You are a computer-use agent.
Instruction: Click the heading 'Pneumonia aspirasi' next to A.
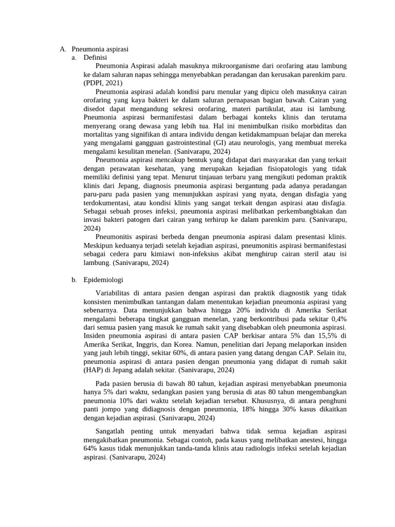(100, 49)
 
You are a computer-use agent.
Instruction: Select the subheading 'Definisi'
(95, 58)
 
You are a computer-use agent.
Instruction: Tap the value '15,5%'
(329, 336)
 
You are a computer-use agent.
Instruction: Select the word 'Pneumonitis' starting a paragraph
(113, 237)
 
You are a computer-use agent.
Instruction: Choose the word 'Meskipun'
(98, 245)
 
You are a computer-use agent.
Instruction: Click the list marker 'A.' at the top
(63, 49)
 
